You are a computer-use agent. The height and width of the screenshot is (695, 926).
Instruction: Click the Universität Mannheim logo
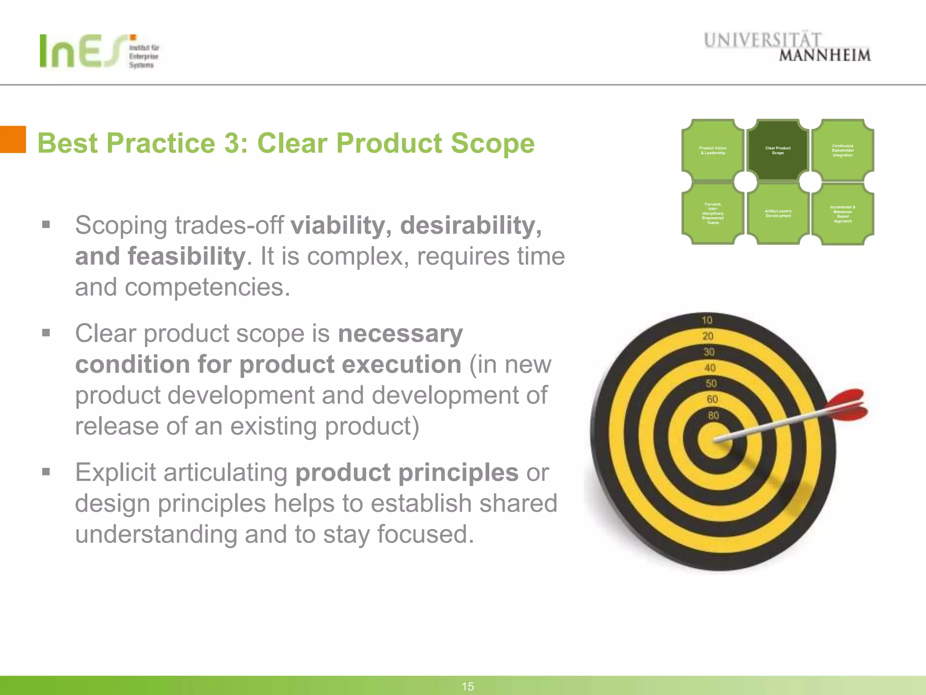click(x=787, y=47)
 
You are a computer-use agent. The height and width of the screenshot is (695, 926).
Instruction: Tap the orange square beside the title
click(x=13, y=139)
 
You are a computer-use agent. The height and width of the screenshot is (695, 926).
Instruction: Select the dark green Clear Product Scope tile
click(x=778, y=150)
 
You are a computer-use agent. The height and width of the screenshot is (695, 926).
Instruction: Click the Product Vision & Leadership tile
click(x=713, y=150)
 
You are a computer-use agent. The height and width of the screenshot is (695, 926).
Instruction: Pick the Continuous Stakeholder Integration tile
click(x=843, y=150)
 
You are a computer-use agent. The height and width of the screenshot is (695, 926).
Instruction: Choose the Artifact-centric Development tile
click(x=778, y=214)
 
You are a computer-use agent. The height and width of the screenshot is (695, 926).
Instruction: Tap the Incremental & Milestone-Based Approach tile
click(x=843, y=214)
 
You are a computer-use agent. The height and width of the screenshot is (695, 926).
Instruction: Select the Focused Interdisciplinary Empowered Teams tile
click(x=713, y=214)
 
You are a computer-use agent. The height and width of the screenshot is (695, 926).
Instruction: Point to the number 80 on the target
click(x=713, y=415)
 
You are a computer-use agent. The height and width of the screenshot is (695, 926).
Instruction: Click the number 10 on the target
click(x=707, y=320)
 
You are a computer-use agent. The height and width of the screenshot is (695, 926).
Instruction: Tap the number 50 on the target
click(x=711, y=384)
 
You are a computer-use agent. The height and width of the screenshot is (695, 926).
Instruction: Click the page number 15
click(x=468, y=686)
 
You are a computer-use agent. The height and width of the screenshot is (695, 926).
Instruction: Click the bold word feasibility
click(x=186, y=256)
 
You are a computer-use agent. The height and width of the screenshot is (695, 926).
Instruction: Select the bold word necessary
click(x=400, y=333)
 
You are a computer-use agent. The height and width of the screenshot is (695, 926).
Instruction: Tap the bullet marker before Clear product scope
click(x=46, y=333)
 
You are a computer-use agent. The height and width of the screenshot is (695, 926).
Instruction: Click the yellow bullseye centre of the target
click(x=715, y=440)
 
